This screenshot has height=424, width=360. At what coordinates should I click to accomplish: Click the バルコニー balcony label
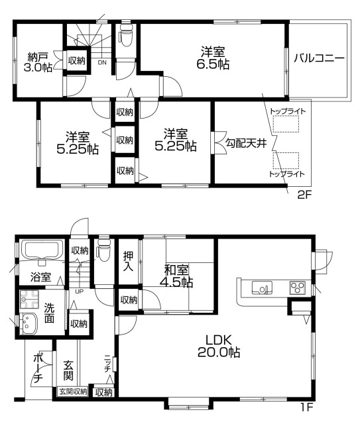pyautogui.click(x=320, y=58)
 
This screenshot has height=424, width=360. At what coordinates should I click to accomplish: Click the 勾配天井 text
pyautogui.click(x=245, y=143)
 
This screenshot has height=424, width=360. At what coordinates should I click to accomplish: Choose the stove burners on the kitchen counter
pyautogui.click(x=296, y=288)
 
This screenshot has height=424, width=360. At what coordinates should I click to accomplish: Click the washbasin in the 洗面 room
pyautogui.click(x=30, y=324)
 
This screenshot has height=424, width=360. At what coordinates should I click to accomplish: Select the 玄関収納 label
pyautogui.click(x=71, y=392)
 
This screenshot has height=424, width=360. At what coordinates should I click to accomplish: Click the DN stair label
pyautogui.click(x=101, y=63)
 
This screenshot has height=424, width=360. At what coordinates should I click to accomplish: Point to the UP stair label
pyautogui.click(x=80, y=290)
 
